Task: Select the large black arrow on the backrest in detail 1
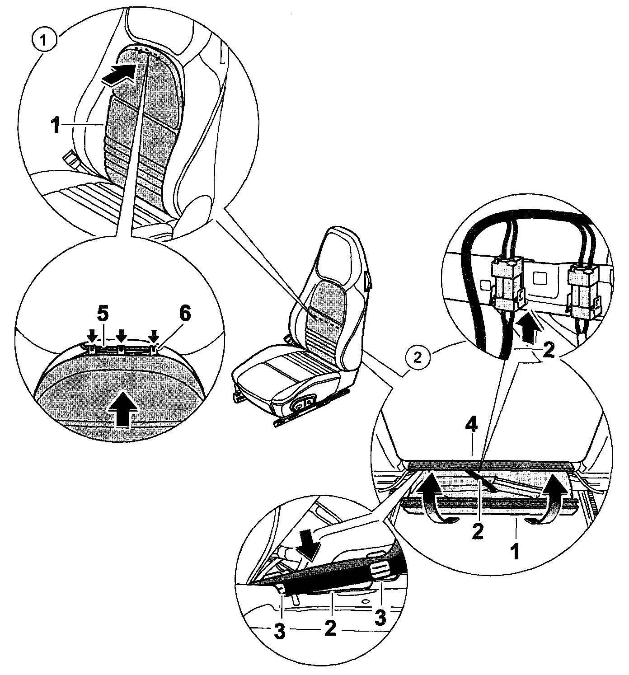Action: [x=118, y=74]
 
